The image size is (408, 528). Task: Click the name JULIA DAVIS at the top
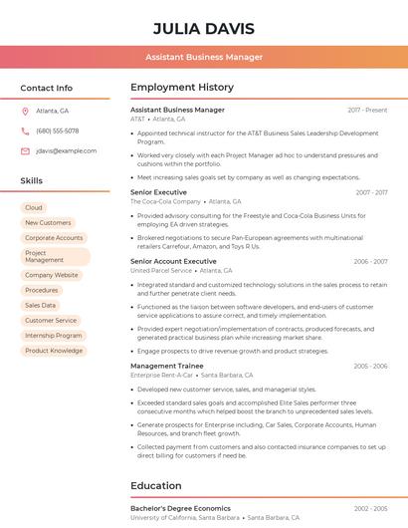pyautogui.click(x=204, y=29)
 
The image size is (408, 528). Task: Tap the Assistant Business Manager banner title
pyautogui.click(x=204, y=58)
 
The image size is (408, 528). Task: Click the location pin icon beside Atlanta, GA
pyautogui.click(x=25, y=111)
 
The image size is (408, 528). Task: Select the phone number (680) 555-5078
pyautogui.click(x=57, y=131)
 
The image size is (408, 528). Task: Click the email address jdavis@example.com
pyautogui.click(x=66, y=150)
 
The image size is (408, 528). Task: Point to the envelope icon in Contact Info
pyautogui.click(x=25, y=150)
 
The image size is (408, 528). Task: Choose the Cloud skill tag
pyautogui.click(x=34, y=207)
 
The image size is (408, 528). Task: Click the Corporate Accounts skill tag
pyautogui.click(x=54, y=238)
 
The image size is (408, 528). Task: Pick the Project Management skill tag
pyautogui.click(x=55, y=256)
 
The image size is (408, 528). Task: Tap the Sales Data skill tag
pyautogui.click(x=41, y=305)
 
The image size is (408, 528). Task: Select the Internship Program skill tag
pyautogui.click(x=54, y=336)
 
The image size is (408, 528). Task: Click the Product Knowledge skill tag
pyautogui.click(x=54, y=351)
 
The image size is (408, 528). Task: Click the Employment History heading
pyautogui.click(x=182, y=88)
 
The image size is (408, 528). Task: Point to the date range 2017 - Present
pyautogui.click(x=367, y=110)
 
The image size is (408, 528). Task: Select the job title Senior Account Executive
pyautogui.click(x=178, y=261)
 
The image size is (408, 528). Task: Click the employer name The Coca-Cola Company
pyautogui.click(x=165, y=201)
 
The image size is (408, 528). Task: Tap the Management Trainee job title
pyautogui.click(x=167, y=366)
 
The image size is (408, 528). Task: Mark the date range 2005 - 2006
pyautogui.click(x=370, y=366)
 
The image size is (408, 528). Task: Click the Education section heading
pyautogui.click(x=156, y=486)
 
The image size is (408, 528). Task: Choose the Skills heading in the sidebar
pyautogui.click(x=32, y=181)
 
